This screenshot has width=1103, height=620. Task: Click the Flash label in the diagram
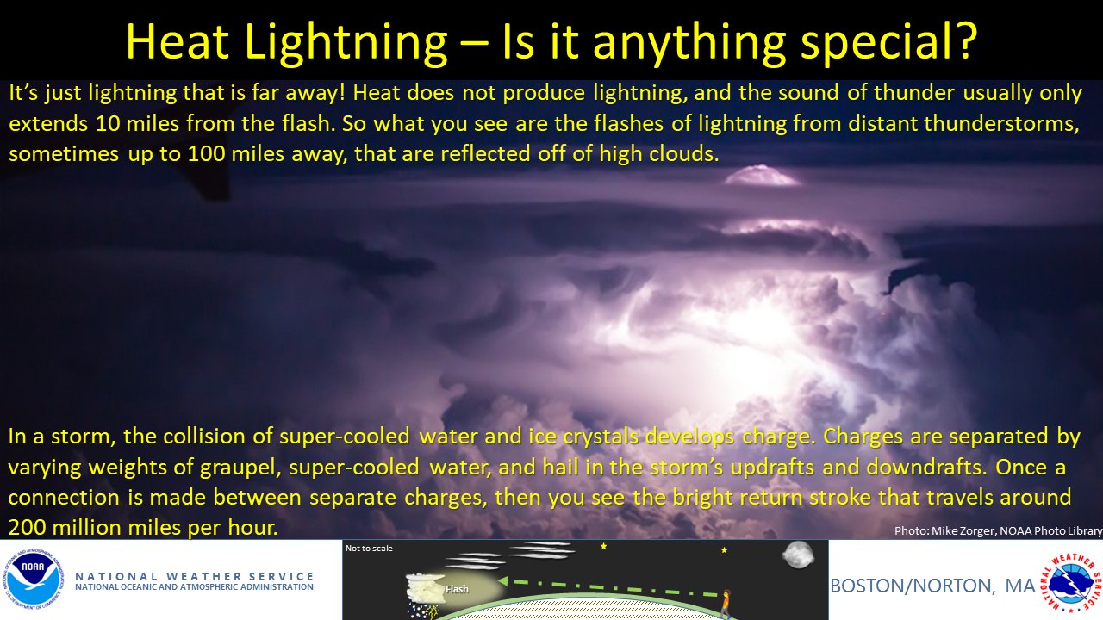click(x=457, y=590)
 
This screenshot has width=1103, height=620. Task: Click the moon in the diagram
click(x=797, y=555)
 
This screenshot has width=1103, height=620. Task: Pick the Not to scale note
click(x=369, y=548)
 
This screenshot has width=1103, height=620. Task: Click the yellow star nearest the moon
click(x=724, y=549)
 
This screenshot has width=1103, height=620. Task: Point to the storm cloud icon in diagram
click(x=425, y=590)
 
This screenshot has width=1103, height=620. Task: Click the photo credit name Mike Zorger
click(x=963, y=531)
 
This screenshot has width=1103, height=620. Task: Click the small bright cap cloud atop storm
click(x=762, y=176)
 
